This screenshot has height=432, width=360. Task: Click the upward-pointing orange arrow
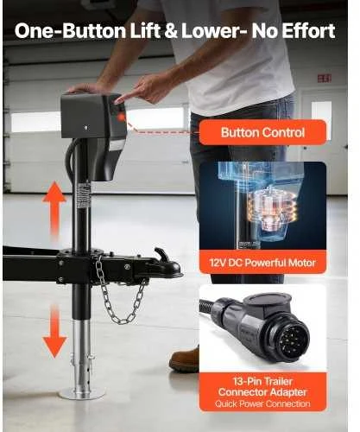click(54, 210)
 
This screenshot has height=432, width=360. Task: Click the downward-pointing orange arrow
click(54, 331)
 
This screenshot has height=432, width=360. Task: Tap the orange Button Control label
click(262, 132)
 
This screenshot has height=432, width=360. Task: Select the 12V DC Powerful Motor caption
click(262, 263)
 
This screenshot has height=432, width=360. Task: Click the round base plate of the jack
click(82, 393)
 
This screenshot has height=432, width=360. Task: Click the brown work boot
click(185, 359)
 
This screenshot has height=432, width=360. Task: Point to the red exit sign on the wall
click(325, 78)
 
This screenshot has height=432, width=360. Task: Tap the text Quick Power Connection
click(262, 403)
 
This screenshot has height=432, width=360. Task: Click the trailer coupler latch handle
click(162, 255)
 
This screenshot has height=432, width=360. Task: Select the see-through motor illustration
click(262, 206)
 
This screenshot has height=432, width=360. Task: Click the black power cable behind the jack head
click(70, 161)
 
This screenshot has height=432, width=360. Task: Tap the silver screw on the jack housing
click(85, 128)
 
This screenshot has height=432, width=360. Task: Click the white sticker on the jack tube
click(85, 195)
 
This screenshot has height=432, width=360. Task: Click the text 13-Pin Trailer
click(262, 382)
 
